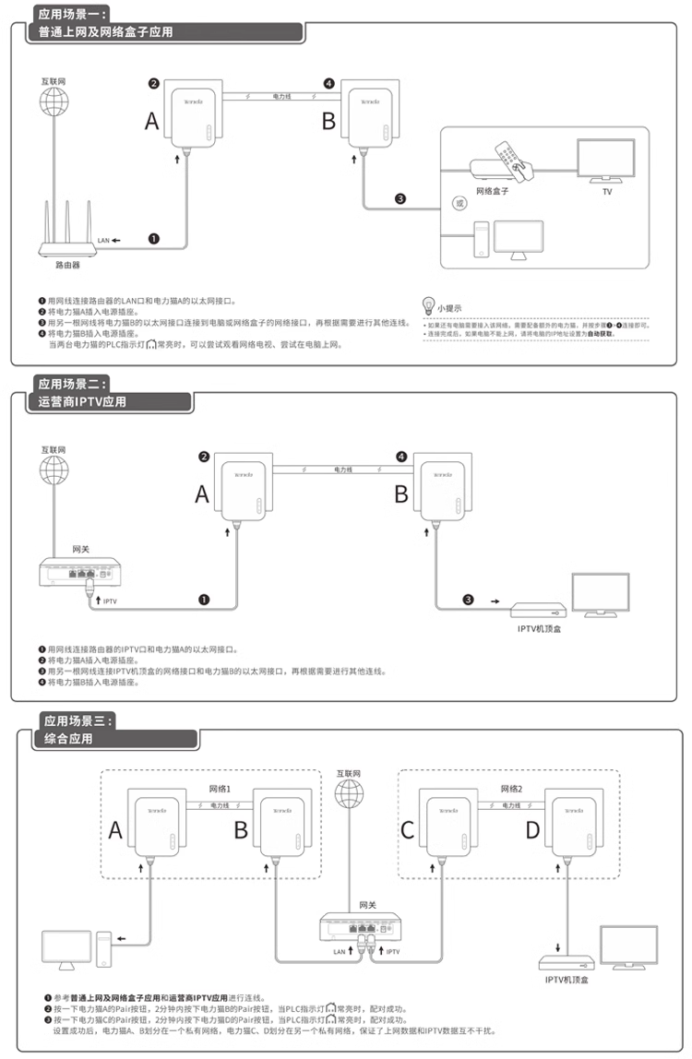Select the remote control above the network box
tap(511, 158)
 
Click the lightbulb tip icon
tap(428, 303)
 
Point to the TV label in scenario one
tap(606, 192)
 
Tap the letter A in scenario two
tap(203, 494)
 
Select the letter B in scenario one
tap(328, 121)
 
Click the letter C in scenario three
tap(407, 830)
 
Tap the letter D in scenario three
tap(532, 830)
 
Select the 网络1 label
tap(220, 790)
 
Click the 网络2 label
tap(512, 790)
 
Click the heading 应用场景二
tap(73, 383)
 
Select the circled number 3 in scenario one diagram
tap(400, 198)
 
